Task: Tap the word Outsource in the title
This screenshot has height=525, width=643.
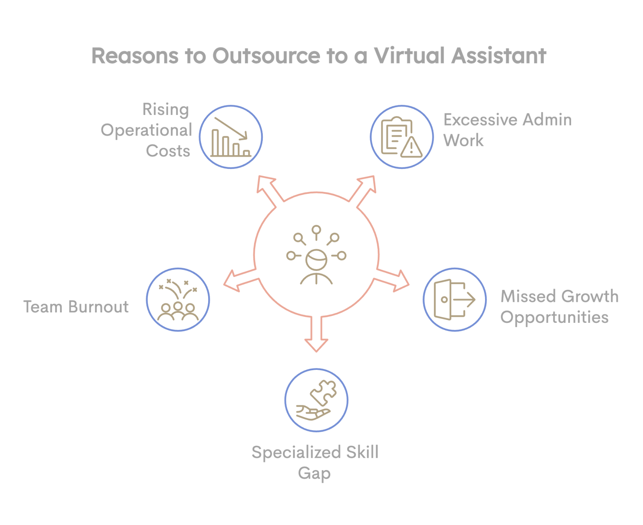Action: click(x=266, y=55)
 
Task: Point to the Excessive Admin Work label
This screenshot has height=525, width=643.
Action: click(x=507, y=130)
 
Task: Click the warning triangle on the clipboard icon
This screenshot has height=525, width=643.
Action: click(x=411, y=148)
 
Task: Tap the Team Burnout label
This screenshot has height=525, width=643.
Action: click(x=76, y=307)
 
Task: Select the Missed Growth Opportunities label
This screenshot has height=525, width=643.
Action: click(x=559, y=307)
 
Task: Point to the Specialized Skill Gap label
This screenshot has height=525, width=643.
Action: click(x=315, y=462)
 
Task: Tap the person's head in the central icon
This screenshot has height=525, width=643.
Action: click(x=316, y=259)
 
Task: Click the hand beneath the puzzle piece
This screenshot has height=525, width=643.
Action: click(x=312, y=413)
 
